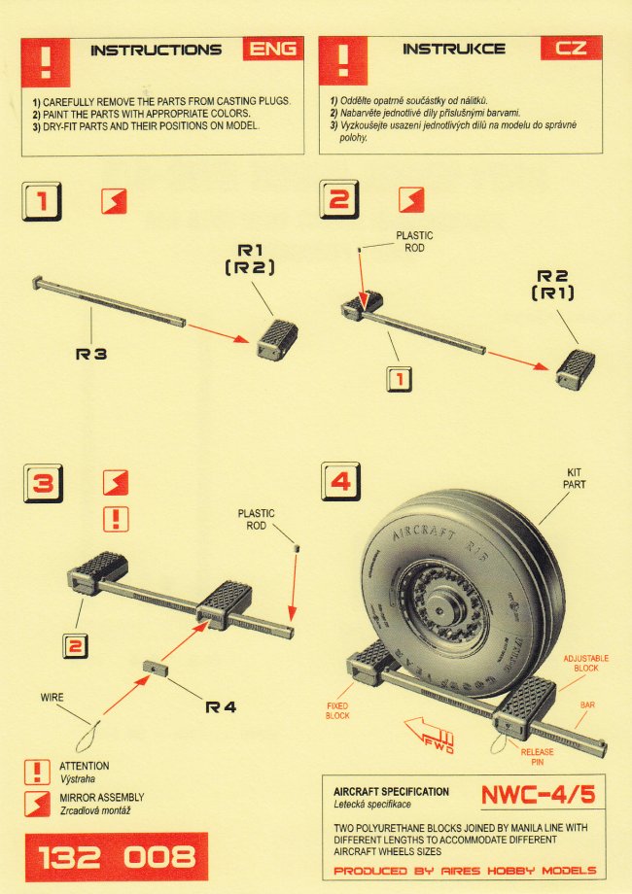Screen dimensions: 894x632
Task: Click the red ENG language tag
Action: tap(272, 48)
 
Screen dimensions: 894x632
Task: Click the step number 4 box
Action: tap(339, 482)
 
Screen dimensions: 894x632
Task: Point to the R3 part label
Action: tap(90, 356)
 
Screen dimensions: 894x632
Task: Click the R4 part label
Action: tap(221, 706)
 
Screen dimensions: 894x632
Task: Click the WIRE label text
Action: tap(53, 698)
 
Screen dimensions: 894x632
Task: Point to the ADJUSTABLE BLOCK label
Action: tap(587, 664)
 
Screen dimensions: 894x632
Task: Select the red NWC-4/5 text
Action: tap(537, 794)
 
